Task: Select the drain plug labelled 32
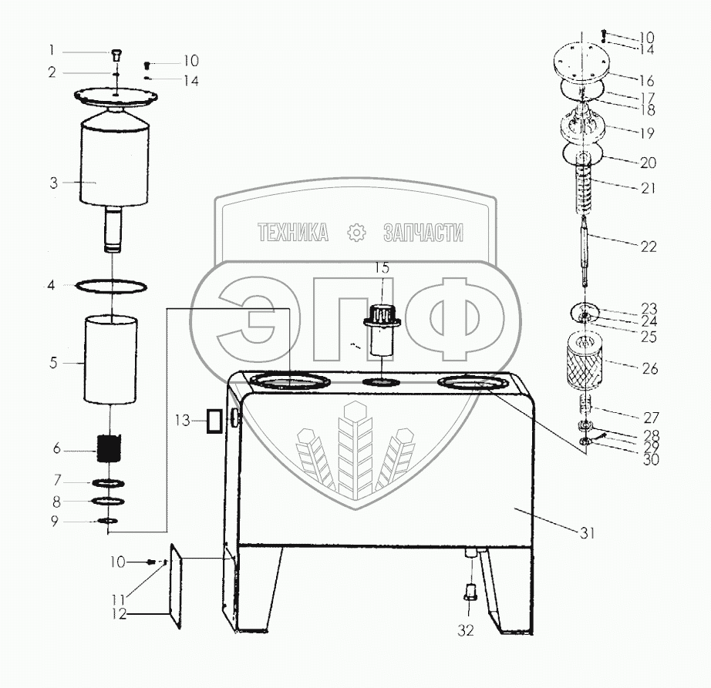click(x=468, y=593)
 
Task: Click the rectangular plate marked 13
click(x=214, y=421)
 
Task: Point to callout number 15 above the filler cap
click(x=382, y=268)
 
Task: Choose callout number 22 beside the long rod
click(x=648, y=247)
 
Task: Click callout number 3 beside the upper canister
click(x=53, y=183)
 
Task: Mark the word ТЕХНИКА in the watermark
click(x=294, y=233)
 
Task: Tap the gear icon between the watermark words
click(x=356, y=233)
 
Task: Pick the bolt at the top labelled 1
click(x=116, y=53)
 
